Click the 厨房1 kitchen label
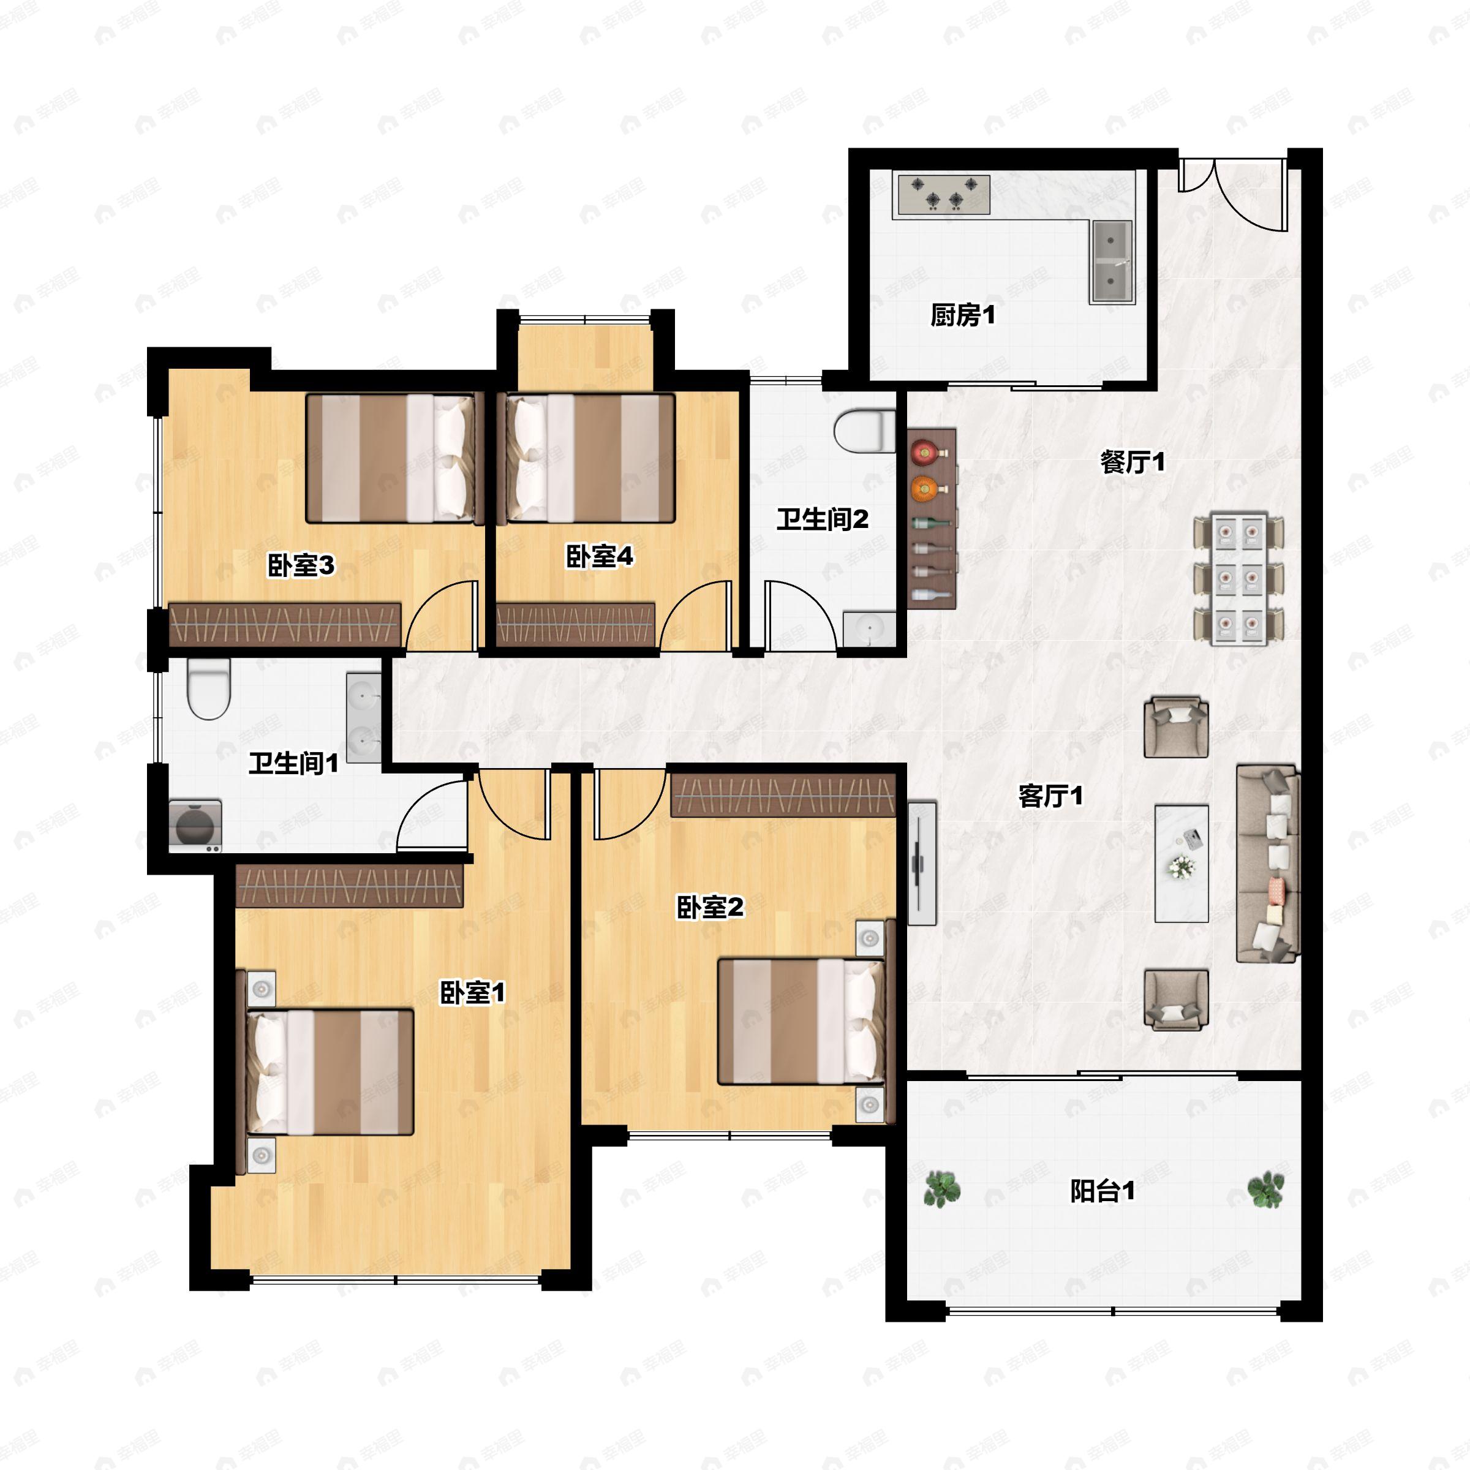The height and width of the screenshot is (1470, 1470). tap(962, 314)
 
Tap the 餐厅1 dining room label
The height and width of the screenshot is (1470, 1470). tap(1132, 461)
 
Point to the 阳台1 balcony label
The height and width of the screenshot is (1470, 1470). tap(1102, 1191)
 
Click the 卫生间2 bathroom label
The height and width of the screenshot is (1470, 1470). tap(823, 519)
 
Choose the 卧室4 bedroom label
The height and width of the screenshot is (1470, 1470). tap(600, 556)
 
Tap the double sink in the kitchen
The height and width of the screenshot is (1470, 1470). tap(1112, 261)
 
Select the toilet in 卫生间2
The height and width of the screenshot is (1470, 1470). tap(865, 431)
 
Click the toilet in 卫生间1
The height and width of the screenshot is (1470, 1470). tap(208, 688)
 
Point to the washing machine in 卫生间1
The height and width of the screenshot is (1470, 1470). tap(195, 826)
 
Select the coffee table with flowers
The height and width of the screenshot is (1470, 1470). tap(1182, 864)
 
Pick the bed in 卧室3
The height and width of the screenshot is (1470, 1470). tap(395, 458)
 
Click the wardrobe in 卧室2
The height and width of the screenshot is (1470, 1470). tap(783, 795)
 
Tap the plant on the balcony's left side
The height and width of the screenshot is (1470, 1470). tap(942, 1189)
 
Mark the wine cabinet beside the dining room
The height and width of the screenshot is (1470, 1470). tap(931, 518)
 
